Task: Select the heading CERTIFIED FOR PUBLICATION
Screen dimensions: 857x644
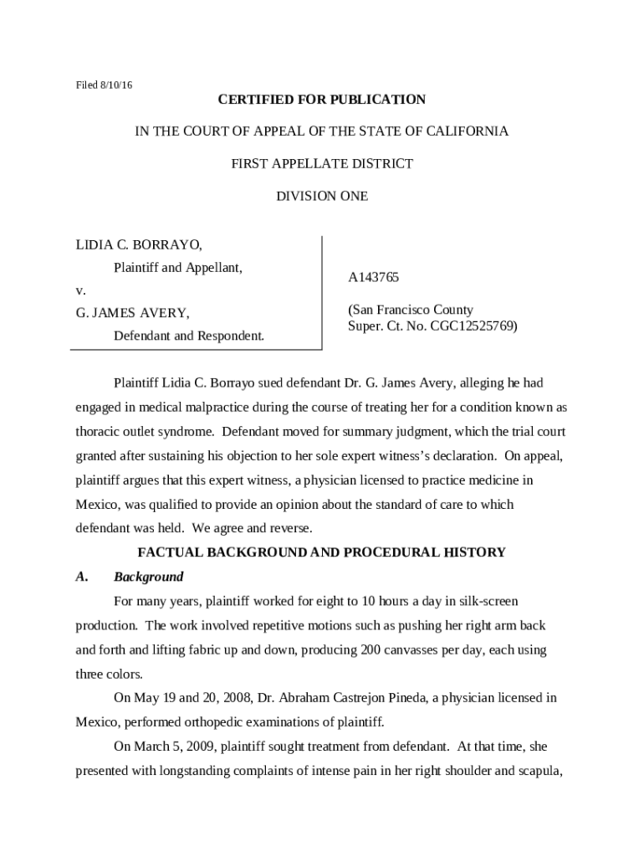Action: coord(322,100)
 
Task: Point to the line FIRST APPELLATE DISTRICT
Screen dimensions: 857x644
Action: coord(322,164)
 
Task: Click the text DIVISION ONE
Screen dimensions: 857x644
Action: coord(322,196)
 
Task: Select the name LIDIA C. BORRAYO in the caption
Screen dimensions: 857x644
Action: coord(139,245)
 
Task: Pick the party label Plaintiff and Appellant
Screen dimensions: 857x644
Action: coord(177,268)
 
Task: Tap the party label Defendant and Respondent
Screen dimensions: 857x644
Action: coord(188,336)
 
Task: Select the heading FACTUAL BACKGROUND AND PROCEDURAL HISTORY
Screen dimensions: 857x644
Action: coord(322,552)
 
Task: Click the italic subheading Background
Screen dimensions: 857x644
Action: coord(148,577)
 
